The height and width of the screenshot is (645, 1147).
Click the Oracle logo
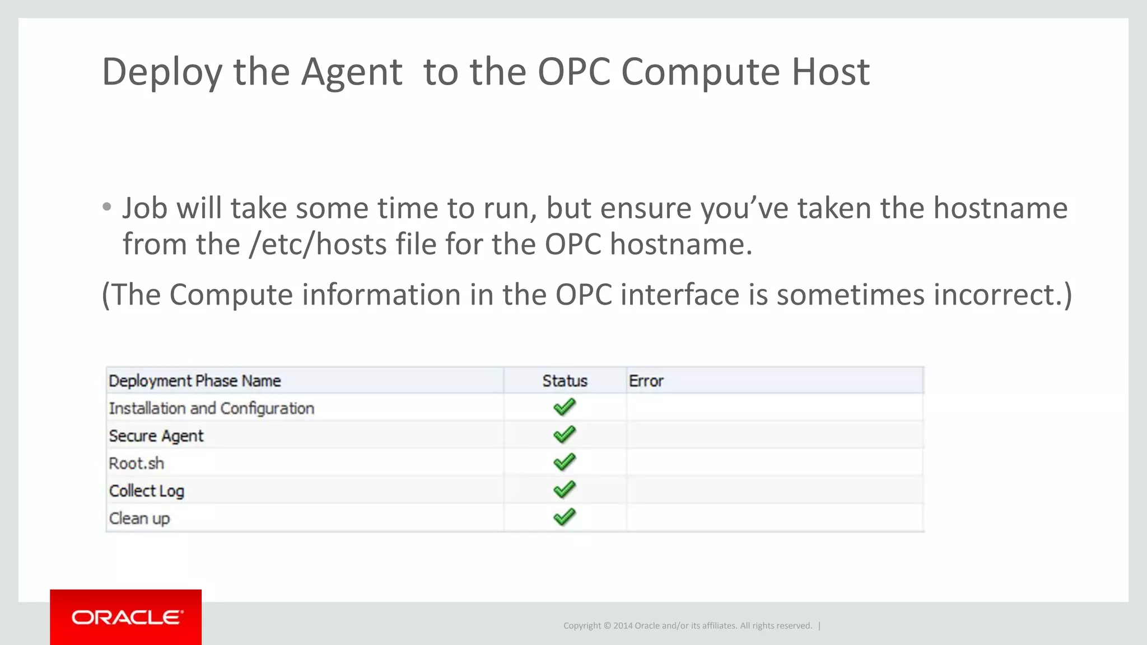[126, 617]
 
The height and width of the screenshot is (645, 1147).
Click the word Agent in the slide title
[351, 72]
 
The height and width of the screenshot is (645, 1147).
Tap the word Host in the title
[830, 72]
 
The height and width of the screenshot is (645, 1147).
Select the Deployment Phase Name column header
[194, 381]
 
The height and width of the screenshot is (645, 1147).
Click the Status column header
[565, 381]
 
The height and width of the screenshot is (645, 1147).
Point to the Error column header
[646, 381]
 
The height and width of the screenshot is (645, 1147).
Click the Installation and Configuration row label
[211, 408]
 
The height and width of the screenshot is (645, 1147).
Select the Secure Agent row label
[156, 436]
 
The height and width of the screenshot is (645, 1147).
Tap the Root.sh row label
[136, 463]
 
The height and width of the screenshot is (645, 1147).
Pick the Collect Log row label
[146, 490]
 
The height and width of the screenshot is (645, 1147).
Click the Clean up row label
[139, 518]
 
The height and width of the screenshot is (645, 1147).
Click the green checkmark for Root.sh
[564, 462]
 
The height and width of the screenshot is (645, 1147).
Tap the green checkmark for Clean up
[564, 517]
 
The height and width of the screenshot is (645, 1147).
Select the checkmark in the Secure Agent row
[564, 434]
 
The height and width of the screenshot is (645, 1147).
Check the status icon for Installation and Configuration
[564, 407]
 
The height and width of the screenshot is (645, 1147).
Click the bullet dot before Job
[107, 208]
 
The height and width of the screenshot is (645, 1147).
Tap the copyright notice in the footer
[687, 625]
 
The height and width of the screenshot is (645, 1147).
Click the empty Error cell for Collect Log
[775, 490]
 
